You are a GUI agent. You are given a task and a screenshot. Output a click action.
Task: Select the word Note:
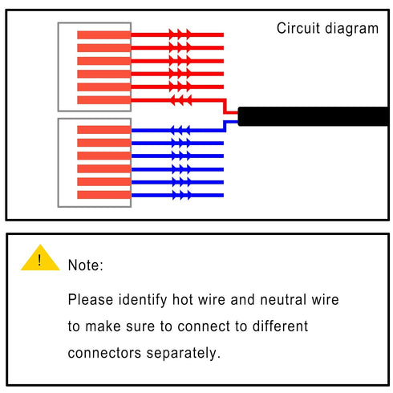[85, 265]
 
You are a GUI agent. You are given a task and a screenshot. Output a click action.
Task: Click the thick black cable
[313, 116]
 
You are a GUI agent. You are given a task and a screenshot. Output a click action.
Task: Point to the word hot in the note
[183, 299]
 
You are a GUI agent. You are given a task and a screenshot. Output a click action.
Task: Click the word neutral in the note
[283, 299]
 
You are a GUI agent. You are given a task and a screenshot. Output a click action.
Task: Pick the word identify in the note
[143, 300]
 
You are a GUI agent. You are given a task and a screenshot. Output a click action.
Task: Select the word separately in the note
[184, 354]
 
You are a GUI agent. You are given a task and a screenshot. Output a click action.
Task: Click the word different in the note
[280, 326]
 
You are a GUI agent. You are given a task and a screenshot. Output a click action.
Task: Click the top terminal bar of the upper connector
[104, 35]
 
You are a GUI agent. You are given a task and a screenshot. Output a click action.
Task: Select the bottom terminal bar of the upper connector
[104, 100]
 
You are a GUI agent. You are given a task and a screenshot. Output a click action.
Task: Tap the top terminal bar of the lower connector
[104, 130]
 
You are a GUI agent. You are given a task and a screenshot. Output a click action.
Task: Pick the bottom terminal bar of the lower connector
[104, 195]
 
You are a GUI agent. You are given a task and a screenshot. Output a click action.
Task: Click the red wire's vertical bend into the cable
[225, 106]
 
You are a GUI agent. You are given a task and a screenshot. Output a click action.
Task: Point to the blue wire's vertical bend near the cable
[225, 126]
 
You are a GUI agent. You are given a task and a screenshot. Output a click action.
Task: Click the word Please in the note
[91, 299]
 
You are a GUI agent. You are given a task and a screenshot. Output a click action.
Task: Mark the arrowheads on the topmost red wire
[180, 34]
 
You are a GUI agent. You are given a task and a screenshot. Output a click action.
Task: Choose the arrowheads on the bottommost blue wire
[182, 195]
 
